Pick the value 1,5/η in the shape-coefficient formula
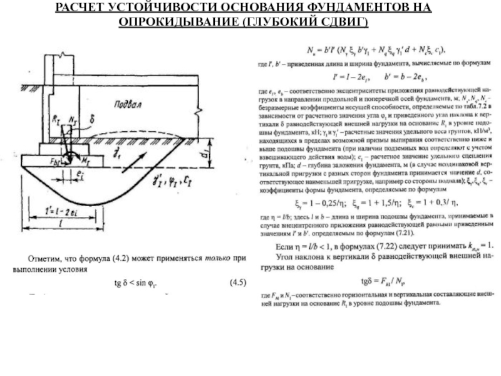(x=381, y=203)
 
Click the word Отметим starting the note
(x=48, y=258)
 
